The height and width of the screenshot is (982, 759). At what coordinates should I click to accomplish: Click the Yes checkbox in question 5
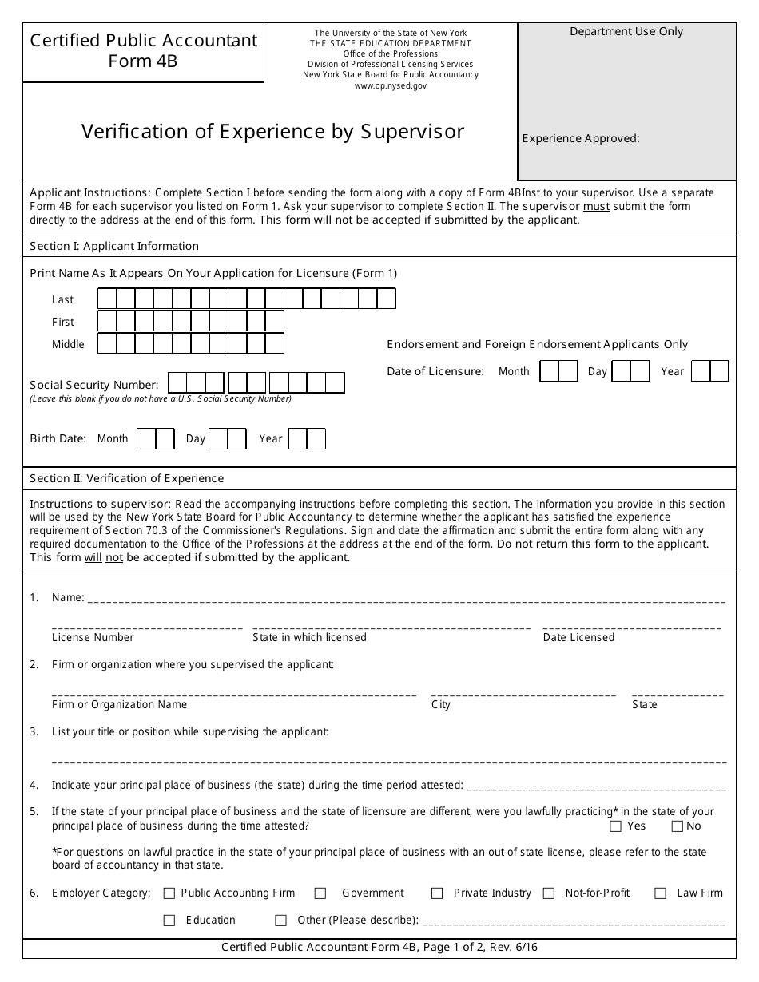tap(616, 826)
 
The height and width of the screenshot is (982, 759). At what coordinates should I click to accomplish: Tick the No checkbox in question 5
tap(678, 826)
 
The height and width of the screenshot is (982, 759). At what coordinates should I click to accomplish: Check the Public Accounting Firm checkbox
tap(169, 893)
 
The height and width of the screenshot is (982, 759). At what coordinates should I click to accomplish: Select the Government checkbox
tap(320, 893)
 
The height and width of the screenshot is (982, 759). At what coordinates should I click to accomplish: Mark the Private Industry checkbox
tap(437, 893)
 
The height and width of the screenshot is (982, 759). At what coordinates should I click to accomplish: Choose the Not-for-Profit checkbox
tap(549, 893)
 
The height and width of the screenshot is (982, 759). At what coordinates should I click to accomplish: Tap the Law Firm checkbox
tap(660, 893)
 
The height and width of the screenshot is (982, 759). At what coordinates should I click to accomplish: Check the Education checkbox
tap(169, 921)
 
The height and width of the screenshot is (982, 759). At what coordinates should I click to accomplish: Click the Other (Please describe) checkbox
tap(280, 921)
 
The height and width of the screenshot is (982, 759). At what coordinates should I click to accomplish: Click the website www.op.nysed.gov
tap(391, 85)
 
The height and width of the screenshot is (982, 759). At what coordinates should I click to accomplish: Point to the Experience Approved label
tap(581, 138)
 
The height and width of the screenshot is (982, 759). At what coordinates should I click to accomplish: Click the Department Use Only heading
tap(626, 32)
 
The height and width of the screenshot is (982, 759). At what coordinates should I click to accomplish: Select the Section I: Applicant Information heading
tap(114, 246)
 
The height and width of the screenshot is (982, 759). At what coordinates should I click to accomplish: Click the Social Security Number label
tap(94, 385)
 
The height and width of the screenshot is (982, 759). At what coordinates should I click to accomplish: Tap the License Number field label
tap(93, 637)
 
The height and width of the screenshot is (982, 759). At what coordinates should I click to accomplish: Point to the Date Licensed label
tap(578, 637)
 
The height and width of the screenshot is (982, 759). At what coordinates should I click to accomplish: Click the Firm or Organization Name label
tap(119, 704)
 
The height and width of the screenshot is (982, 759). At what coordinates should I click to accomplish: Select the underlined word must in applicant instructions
tap(595, 206)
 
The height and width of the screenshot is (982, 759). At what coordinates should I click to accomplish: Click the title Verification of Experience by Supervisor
tap(272, 132)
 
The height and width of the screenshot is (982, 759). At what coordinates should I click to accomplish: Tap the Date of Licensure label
tap(435, 371)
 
